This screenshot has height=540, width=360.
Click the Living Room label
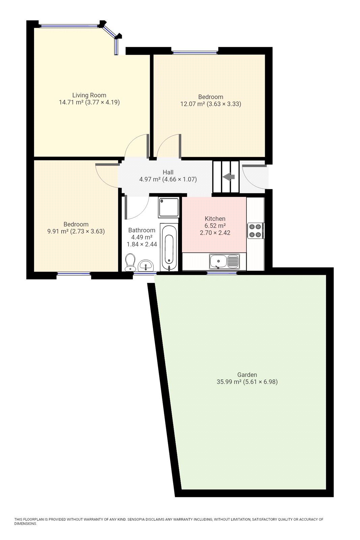pyautogui.click(x=89, y=95)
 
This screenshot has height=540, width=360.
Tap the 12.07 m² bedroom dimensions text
pyautogui.click(x=210, y=104)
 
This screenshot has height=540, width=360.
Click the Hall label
pyautogui.click(x=168, y=172)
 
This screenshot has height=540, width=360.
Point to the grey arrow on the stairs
pyautogui.click(x=229, y=177)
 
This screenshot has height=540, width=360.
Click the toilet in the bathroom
pyautogui.click(x=130, y=263)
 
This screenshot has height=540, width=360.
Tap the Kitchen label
pyautogui.click(x=215, y=219)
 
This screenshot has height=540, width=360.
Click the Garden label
pyautogui.click(x=247, y=375)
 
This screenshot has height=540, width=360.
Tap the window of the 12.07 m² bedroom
pyautogui.click(x=195, y=52)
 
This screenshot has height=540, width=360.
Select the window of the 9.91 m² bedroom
pyautogui.click(x=74, y=274)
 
